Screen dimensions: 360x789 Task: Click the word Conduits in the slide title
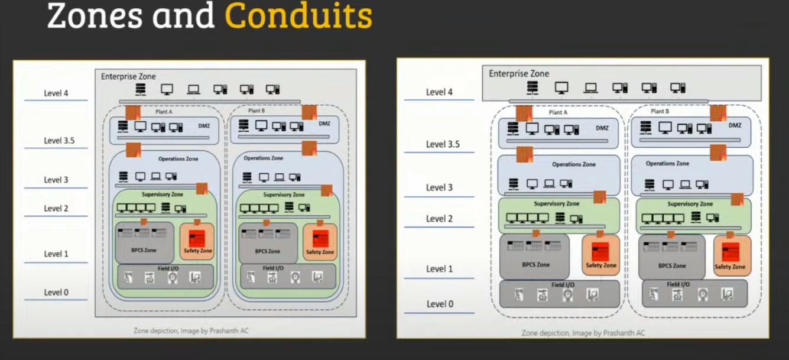click(298, 16)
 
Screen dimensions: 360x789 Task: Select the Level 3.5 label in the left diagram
click(59, 141)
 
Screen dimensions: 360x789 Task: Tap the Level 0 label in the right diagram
click(440, 304)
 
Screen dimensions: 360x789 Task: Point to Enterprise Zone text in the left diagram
click(128, 76)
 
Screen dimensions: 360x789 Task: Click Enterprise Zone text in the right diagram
click(519, 74)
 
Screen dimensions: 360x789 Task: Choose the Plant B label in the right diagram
click(660, 111)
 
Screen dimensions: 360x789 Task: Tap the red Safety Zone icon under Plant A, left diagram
click(196, 238)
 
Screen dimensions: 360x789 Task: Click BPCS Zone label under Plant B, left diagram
click(271, 251)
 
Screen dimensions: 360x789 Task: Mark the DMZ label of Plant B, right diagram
click(735, 125)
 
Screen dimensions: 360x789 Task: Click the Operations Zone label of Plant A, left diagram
click(178, 159)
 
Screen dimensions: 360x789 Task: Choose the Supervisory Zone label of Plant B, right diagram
click(690, 204)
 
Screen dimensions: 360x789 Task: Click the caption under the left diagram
click(191, 330)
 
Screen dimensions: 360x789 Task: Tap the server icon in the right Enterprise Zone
click(533, 88)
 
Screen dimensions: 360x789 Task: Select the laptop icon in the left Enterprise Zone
click(193, 90)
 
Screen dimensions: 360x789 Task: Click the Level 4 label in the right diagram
click(440, 92)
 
